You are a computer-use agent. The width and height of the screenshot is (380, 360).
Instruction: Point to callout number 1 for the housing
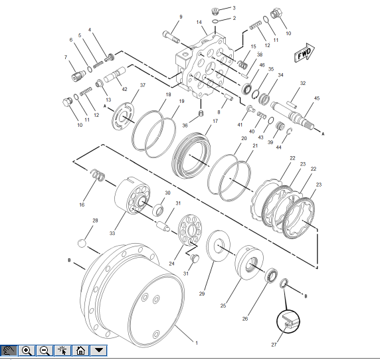pos(196,342)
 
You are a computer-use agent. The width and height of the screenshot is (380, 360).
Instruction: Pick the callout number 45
pos(316,98)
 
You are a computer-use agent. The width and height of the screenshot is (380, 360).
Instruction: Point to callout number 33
pos(112,233)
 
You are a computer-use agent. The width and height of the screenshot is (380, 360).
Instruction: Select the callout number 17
pos(215,121)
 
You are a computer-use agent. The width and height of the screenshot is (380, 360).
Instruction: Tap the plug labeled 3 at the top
pos(214,11)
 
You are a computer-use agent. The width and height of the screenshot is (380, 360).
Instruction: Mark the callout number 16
pos(82,205)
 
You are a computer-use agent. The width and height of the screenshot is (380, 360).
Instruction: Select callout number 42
pos(124,88)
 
